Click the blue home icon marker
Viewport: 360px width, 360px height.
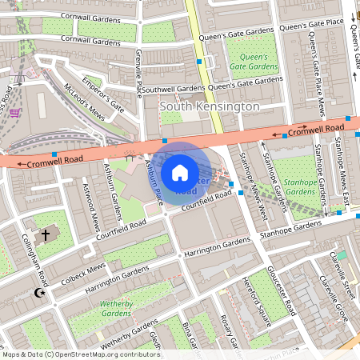tap(180, 172)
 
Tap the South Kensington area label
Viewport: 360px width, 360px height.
tap(210, 106)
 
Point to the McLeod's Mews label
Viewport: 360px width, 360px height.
tap(85, 101)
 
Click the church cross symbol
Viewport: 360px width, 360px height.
tap(46, 234)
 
